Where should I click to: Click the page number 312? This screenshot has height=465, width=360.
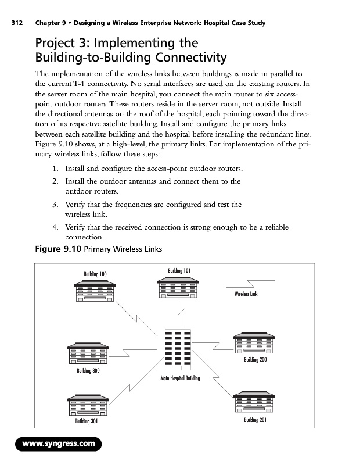click(x=16, y=23)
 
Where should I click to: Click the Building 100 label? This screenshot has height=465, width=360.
click(x=95, y=274)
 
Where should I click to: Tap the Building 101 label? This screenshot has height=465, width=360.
click(x=179, y=270)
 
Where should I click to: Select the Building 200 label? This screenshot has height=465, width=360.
click(x=255, y=360)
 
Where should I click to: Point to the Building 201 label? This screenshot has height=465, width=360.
click(x=255, y=420)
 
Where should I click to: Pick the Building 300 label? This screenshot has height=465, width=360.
click(x=88, y=370)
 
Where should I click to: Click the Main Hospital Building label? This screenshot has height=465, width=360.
click(x=180, y=378)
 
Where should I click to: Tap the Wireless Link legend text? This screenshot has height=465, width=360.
click(x=246, y=294)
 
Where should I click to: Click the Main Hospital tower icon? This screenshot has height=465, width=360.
click(x=178, y=348)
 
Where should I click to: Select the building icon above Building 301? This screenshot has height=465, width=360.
click(x=88, y=405)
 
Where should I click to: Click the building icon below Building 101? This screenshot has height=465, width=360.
click(x=179, y=287)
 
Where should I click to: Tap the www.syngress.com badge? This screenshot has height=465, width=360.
click(x=58, y=444)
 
